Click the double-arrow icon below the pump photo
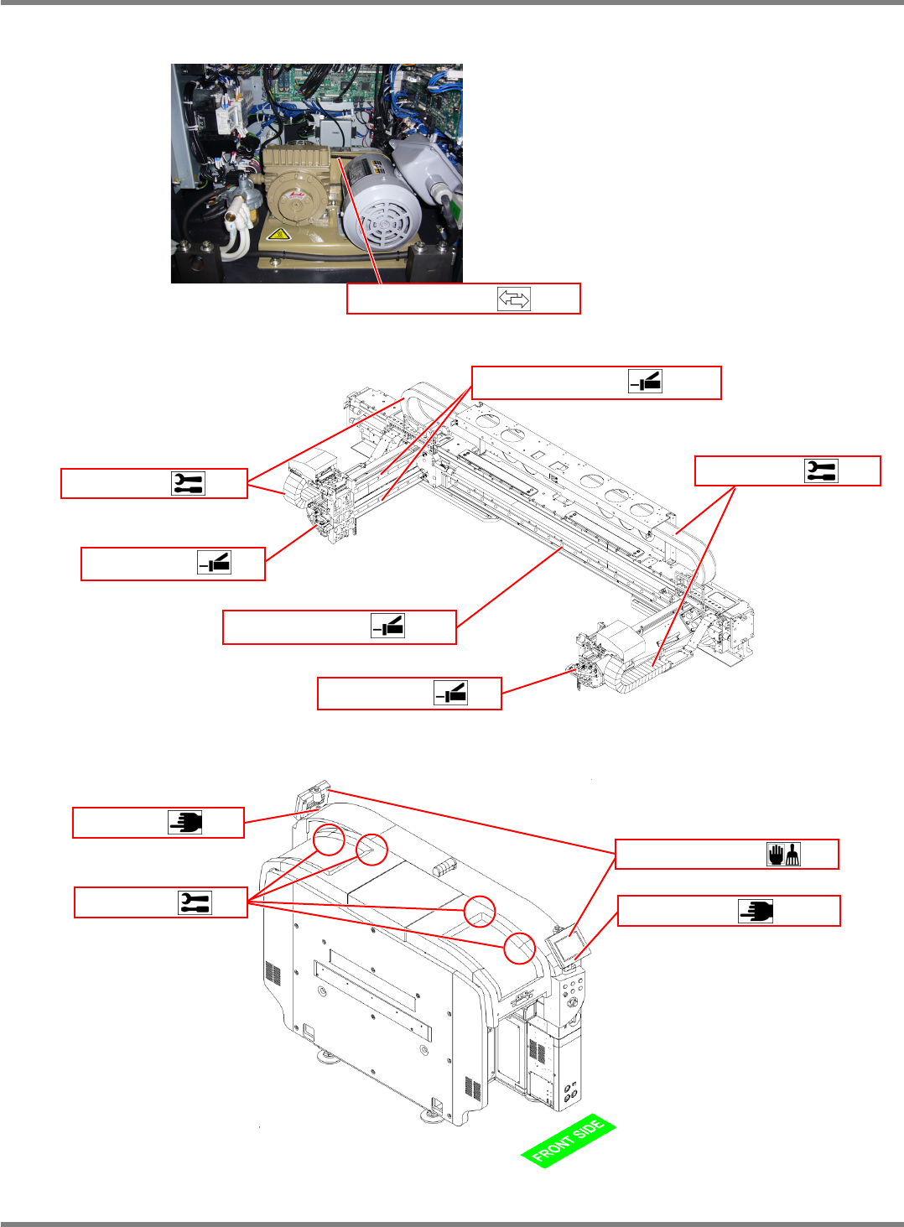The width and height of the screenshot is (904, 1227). click(513, 299)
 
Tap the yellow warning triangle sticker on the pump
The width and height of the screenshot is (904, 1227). click(278, 234)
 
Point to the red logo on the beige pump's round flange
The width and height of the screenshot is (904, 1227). click(296, 195)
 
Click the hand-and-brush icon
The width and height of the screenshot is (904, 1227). click(783, 854)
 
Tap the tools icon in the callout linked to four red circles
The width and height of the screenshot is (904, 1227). click(195, 902)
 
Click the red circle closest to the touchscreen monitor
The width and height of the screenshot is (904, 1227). click(519, 948)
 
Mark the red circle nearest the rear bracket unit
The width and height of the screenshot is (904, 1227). click(329, 839)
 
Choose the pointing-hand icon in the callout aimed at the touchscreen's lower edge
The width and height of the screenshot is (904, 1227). click(755, 911)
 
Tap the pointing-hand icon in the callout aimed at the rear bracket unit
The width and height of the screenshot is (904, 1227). click(184, 822)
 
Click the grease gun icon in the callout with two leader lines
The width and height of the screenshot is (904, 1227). click(645, 382)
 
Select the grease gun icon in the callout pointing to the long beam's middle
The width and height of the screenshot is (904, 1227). click(387, 626)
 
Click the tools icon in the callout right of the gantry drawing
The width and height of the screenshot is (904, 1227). click(821, 471)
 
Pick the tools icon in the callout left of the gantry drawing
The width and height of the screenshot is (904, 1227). click(188, 483)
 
